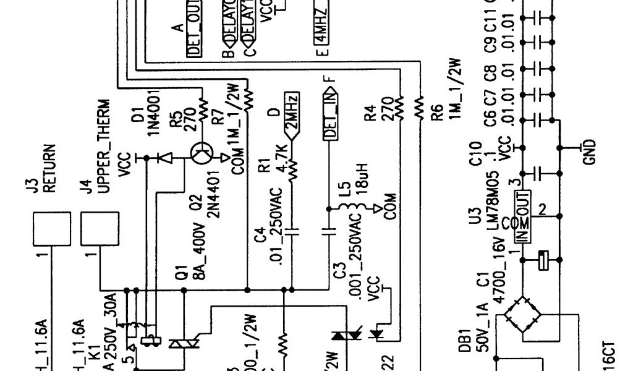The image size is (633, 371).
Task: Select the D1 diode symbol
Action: [165, 158]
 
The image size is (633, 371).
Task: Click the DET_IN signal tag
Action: [331, 115]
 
